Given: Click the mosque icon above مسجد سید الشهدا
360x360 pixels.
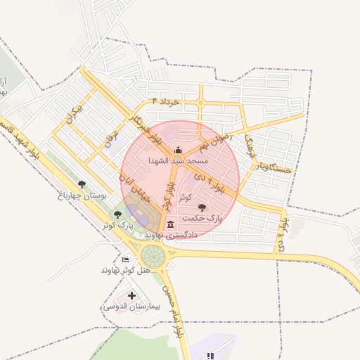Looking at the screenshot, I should (177, 150).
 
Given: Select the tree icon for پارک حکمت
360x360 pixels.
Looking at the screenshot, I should (202, 207).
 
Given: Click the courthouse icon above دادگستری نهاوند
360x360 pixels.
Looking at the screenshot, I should (171, 224).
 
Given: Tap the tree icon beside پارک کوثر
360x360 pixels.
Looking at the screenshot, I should (117, 214).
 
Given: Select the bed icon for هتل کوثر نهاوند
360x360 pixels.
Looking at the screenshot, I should (126, 259).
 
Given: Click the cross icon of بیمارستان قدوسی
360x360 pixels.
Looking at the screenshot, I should (131, 295).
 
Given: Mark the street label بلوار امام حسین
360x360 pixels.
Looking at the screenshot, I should (174, 309).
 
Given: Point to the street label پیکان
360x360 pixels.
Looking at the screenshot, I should (72, 113).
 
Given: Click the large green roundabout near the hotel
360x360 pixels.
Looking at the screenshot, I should (153, 256).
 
